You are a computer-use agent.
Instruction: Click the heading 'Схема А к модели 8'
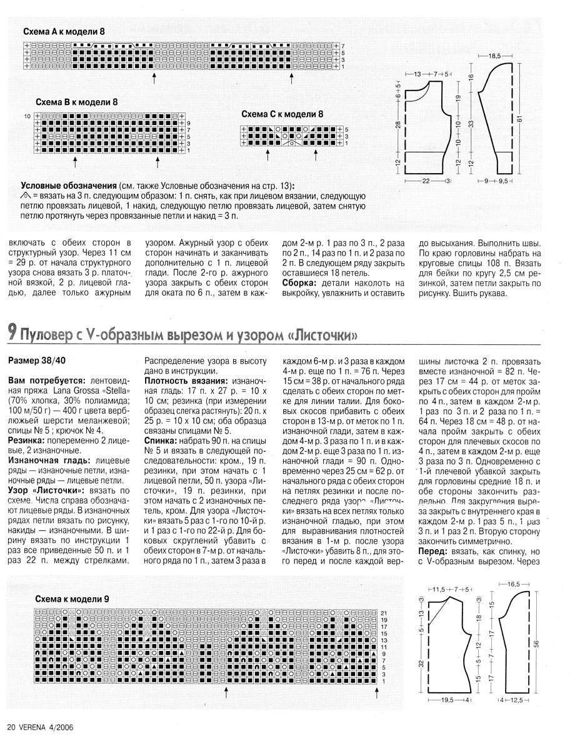tap(64, 31)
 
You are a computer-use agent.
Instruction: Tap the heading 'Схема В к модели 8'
tap(76, 102)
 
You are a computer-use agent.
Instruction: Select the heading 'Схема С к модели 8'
tap(282, 114)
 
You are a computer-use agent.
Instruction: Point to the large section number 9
tap(12, 333)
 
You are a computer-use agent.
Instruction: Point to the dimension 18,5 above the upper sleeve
tap(495, 56)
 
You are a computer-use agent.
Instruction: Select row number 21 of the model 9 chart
tap(384, 612)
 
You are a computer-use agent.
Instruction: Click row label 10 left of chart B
tap(27, 117)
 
